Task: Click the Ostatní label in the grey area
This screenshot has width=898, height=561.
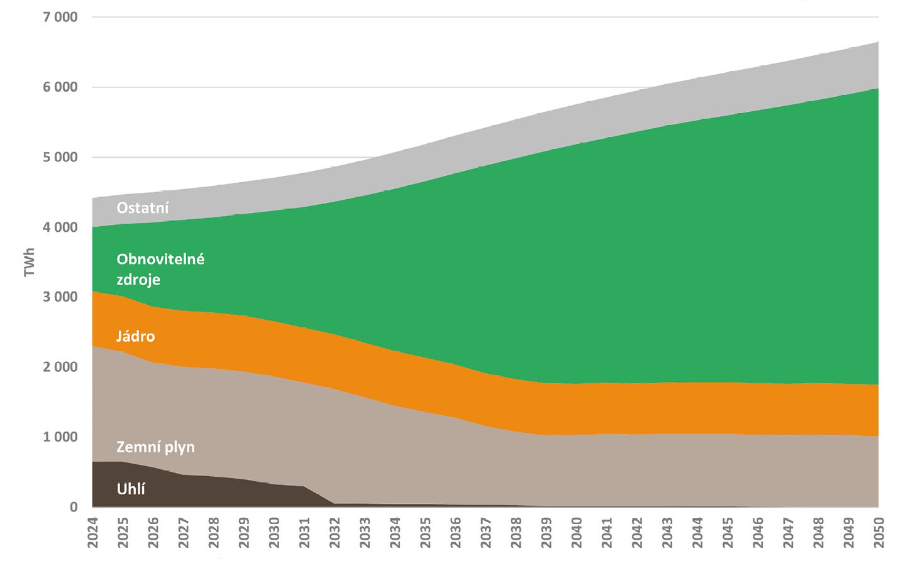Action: (x=143, y=208)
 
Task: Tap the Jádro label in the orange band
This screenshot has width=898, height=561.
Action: (x=135, y=336)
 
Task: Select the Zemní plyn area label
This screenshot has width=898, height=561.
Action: (x=155, y=447)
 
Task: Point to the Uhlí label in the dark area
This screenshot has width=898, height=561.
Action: (x=131, y=489)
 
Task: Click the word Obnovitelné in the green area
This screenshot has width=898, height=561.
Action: (x=160, y=259)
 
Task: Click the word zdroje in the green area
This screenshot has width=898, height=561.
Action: (x=138, y=280)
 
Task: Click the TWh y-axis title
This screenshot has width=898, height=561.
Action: (x=29, y=263)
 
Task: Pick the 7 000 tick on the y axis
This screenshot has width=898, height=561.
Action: (x=60, y=17)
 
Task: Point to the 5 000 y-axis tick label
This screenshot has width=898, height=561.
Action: (x=60, y=157)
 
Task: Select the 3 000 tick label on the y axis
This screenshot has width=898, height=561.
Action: (x=60, y=297)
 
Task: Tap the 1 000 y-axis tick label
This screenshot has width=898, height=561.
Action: (x=60, y=437)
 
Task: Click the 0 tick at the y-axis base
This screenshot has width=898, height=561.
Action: (x=74, y=507)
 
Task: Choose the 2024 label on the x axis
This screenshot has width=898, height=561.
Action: (x=93, y=532)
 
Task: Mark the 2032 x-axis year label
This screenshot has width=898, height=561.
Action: (x=335, y=532)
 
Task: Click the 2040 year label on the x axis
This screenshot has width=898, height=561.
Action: (x=576, y=532)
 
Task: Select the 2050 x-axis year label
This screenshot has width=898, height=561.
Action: (x=879, y=532)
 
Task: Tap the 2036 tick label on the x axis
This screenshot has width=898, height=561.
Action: (x=455, y=532)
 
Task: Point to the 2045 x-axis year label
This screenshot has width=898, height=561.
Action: (x=728, y=532)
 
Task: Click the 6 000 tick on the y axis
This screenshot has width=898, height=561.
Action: (x=60, y=87)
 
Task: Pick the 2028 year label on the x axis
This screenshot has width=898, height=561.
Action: (x=214, y=532)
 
